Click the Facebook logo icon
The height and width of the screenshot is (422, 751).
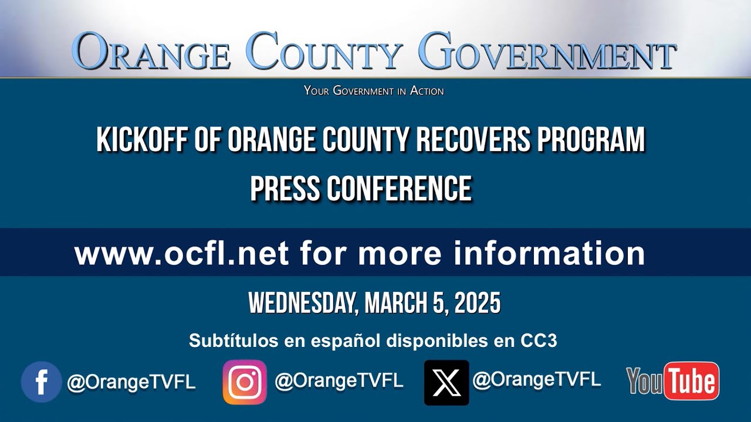point(41,382)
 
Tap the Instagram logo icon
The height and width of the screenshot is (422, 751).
point(245,382)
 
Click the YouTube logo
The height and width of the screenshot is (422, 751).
point(672,382)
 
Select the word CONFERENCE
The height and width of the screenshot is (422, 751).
point(399,189)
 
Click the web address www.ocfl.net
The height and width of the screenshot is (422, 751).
point(181,253)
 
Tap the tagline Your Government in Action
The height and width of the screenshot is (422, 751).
point(374,91)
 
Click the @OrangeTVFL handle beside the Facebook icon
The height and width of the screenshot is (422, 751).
point(131,382)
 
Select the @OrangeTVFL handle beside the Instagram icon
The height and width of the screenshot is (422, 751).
point(339,381)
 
